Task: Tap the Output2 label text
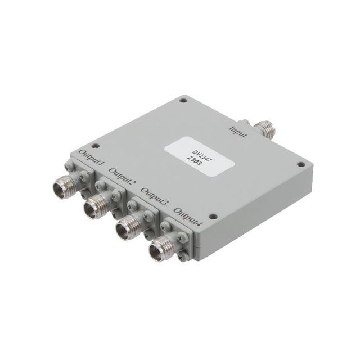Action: pos(123,176)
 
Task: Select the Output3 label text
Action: pos(155,195)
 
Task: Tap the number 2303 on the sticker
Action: pos(201,159)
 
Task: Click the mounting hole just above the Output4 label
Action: pos(212,216)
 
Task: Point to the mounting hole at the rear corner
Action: pos(183,100)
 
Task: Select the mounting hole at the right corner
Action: pos(300,165)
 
